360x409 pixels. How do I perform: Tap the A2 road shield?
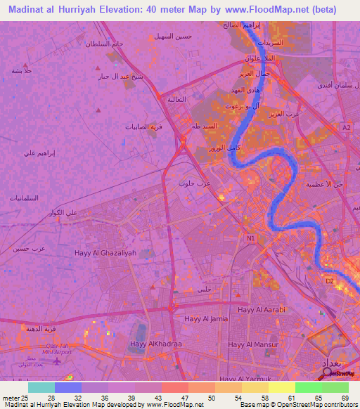coord(346,127)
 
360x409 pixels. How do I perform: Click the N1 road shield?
coord(250,238)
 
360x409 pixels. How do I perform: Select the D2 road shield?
coord(328,280)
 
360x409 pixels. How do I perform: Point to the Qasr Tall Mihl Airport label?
coord(58,349)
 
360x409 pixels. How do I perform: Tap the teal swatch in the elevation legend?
coord(41,387)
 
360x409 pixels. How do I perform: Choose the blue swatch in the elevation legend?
coord(67,387)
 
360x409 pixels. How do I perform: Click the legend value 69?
coord(345,398)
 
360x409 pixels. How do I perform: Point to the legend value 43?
coord(158,398)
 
